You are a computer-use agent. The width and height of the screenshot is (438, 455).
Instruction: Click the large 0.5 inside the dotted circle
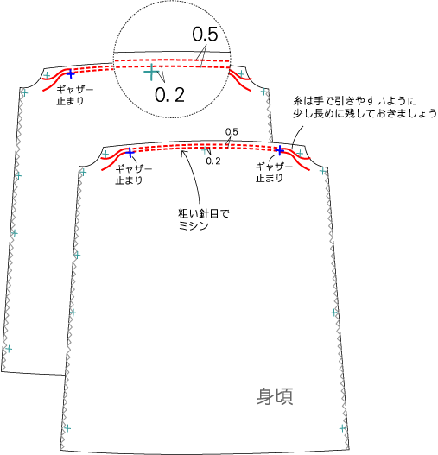click(205, 35)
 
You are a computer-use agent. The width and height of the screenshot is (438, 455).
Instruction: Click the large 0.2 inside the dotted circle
click(169, 95)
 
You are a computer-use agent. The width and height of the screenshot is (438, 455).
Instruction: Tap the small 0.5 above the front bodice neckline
click(232, 132)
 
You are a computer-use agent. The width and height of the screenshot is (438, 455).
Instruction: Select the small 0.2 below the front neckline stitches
click(213, 161)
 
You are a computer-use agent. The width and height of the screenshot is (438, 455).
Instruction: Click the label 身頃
click(275, 396)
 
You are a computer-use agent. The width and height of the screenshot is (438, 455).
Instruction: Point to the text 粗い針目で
click(204, 214)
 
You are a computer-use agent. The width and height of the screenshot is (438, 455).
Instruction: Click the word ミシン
click(194, 225)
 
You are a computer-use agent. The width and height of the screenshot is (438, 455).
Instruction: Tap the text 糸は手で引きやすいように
click(355, 101)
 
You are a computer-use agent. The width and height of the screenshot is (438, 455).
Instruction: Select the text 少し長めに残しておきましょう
click(365, 113)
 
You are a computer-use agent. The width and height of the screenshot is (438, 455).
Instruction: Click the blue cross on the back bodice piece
click(70, 74)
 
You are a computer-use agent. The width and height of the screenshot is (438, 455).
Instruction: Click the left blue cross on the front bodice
click(130, 153)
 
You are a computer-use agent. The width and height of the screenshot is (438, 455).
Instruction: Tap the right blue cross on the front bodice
click(279, 150)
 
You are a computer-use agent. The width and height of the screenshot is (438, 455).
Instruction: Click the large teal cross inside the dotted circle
click(151, 72)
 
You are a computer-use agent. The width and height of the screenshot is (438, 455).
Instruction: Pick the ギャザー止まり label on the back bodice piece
click(75, 95)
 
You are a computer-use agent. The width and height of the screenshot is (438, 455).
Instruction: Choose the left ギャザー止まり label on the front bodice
click(134, 174)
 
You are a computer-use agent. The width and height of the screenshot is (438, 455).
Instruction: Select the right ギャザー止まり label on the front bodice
click(274, 173)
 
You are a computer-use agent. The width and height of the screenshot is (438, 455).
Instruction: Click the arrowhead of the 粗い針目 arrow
click(182, 152)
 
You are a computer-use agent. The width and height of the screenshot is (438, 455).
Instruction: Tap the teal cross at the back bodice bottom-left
click(9, 349)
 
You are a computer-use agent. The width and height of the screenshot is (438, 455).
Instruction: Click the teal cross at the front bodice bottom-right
click(343, 428)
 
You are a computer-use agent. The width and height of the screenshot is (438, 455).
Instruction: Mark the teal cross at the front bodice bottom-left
click(67, 428)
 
